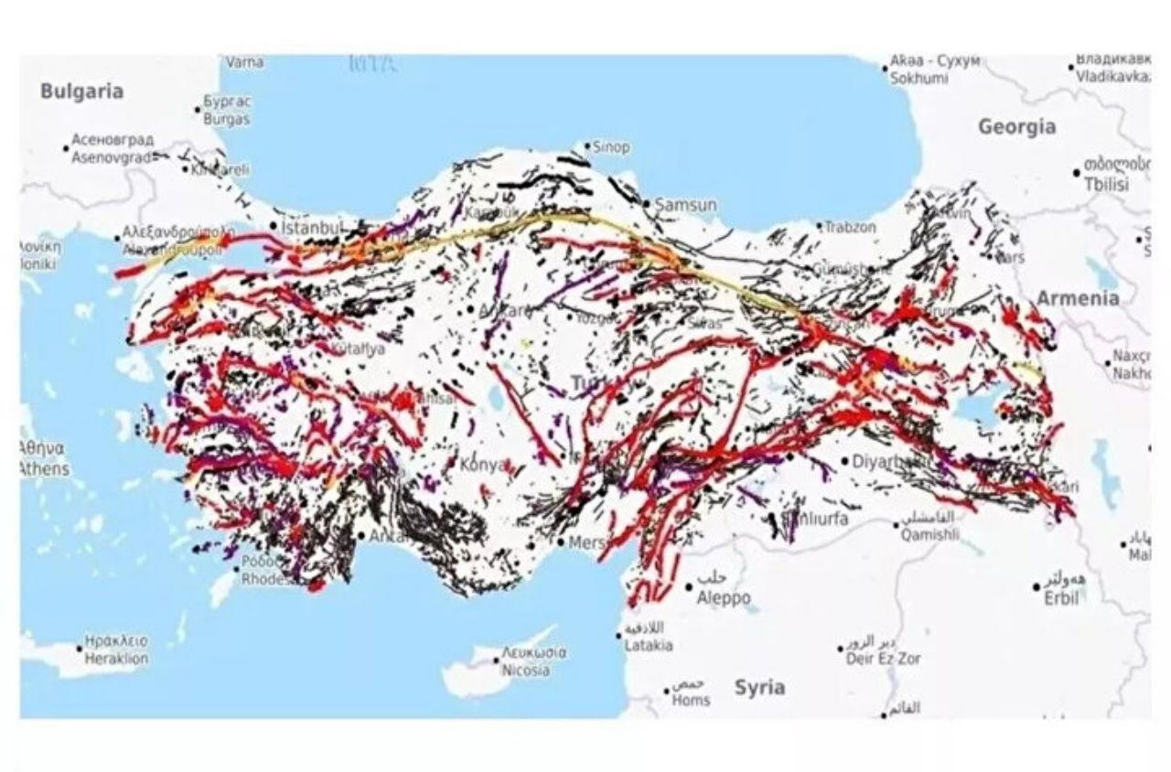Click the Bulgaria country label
tap(81, 91)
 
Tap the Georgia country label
tap(1016, 127)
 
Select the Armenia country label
tap(1077, 297)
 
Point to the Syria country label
tap(759, 687)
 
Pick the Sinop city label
tap(611, 147)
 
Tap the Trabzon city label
tap(851, 227)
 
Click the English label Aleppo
tap(724, 598)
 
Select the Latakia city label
tap(648, 646)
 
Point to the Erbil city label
tap(1061, 598)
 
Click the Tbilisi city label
tap(1106, 184)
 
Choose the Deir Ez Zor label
tap(884, 659)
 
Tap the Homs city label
tap(691, 701)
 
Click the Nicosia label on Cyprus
tap(525, 670)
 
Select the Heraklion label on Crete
tap(116, 659)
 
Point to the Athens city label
tap(43, 469)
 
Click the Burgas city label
tap(225, 119)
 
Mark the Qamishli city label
tap(929, 535)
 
